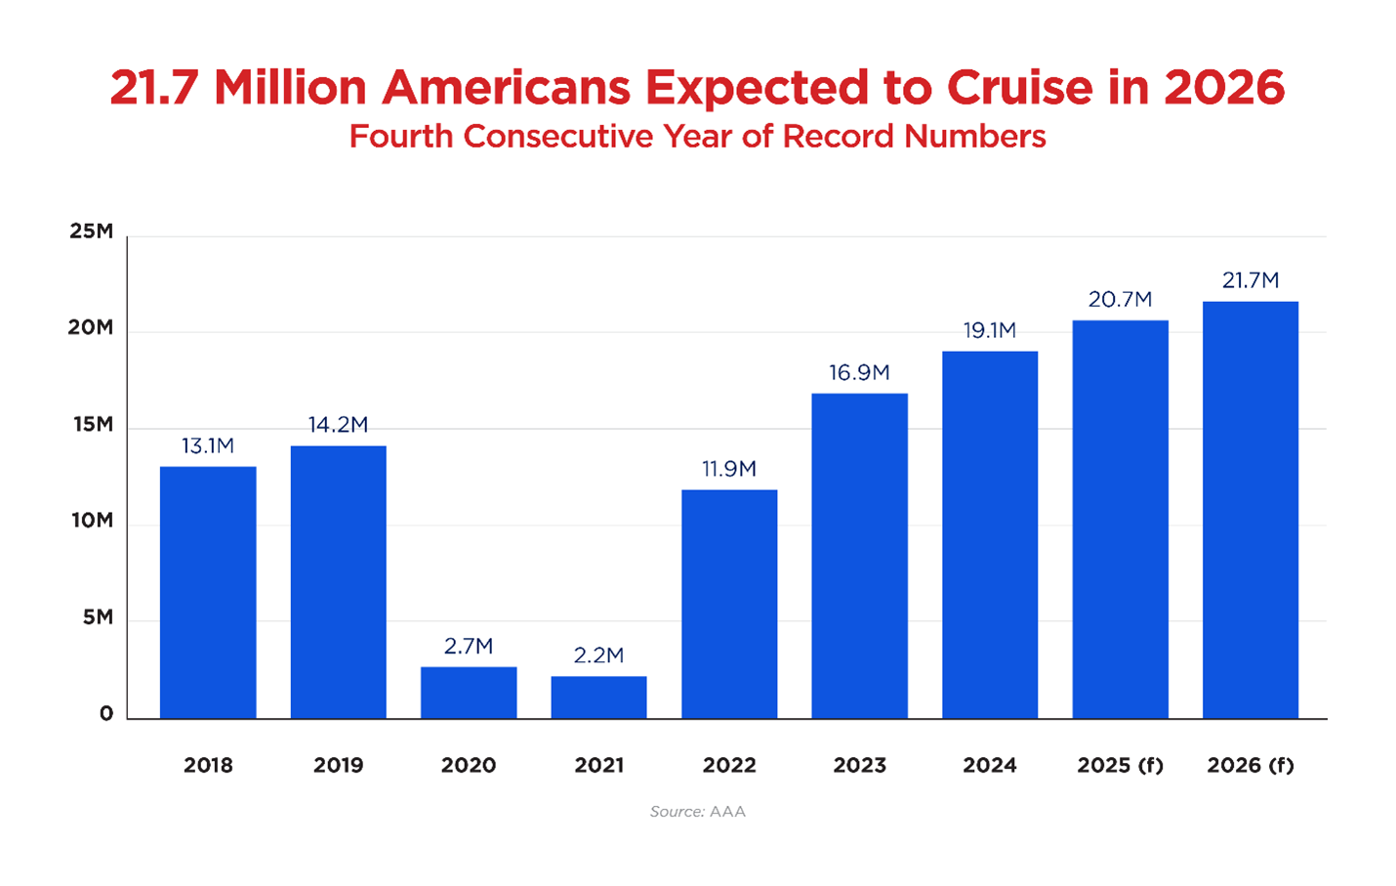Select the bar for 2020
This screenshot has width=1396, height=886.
[x=469, y=693]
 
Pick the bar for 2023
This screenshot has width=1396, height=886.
[x=859, y=556]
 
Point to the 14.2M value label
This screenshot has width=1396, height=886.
[x=338, y=425]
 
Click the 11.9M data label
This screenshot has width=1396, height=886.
[x=729, y=469]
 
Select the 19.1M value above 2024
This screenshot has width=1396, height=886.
[x=990, y=330]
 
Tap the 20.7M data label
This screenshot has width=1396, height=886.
[x=1120, y=299]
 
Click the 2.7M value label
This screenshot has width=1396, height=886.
[x=469, y=646]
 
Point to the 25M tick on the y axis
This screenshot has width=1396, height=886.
[x=91, y=232]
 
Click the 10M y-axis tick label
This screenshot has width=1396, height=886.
[x=92, y=521]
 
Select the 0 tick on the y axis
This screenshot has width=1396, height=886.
[x=105, y=714]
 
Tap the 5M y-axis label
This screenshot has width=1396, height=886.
[x=97, y=617]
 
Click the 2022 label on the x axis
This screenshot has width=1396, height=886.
[x=729, y=765]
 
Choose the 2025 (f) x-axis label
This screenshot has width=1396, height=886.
[x=1120, y=765]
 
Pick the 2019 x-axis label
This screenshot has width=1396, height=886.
[x=338, y=765]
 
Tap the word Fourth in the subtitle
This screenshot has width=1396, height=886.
[x=401, y=136]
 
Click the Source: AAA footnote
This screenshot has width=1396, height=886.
[x=697, y=812]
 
